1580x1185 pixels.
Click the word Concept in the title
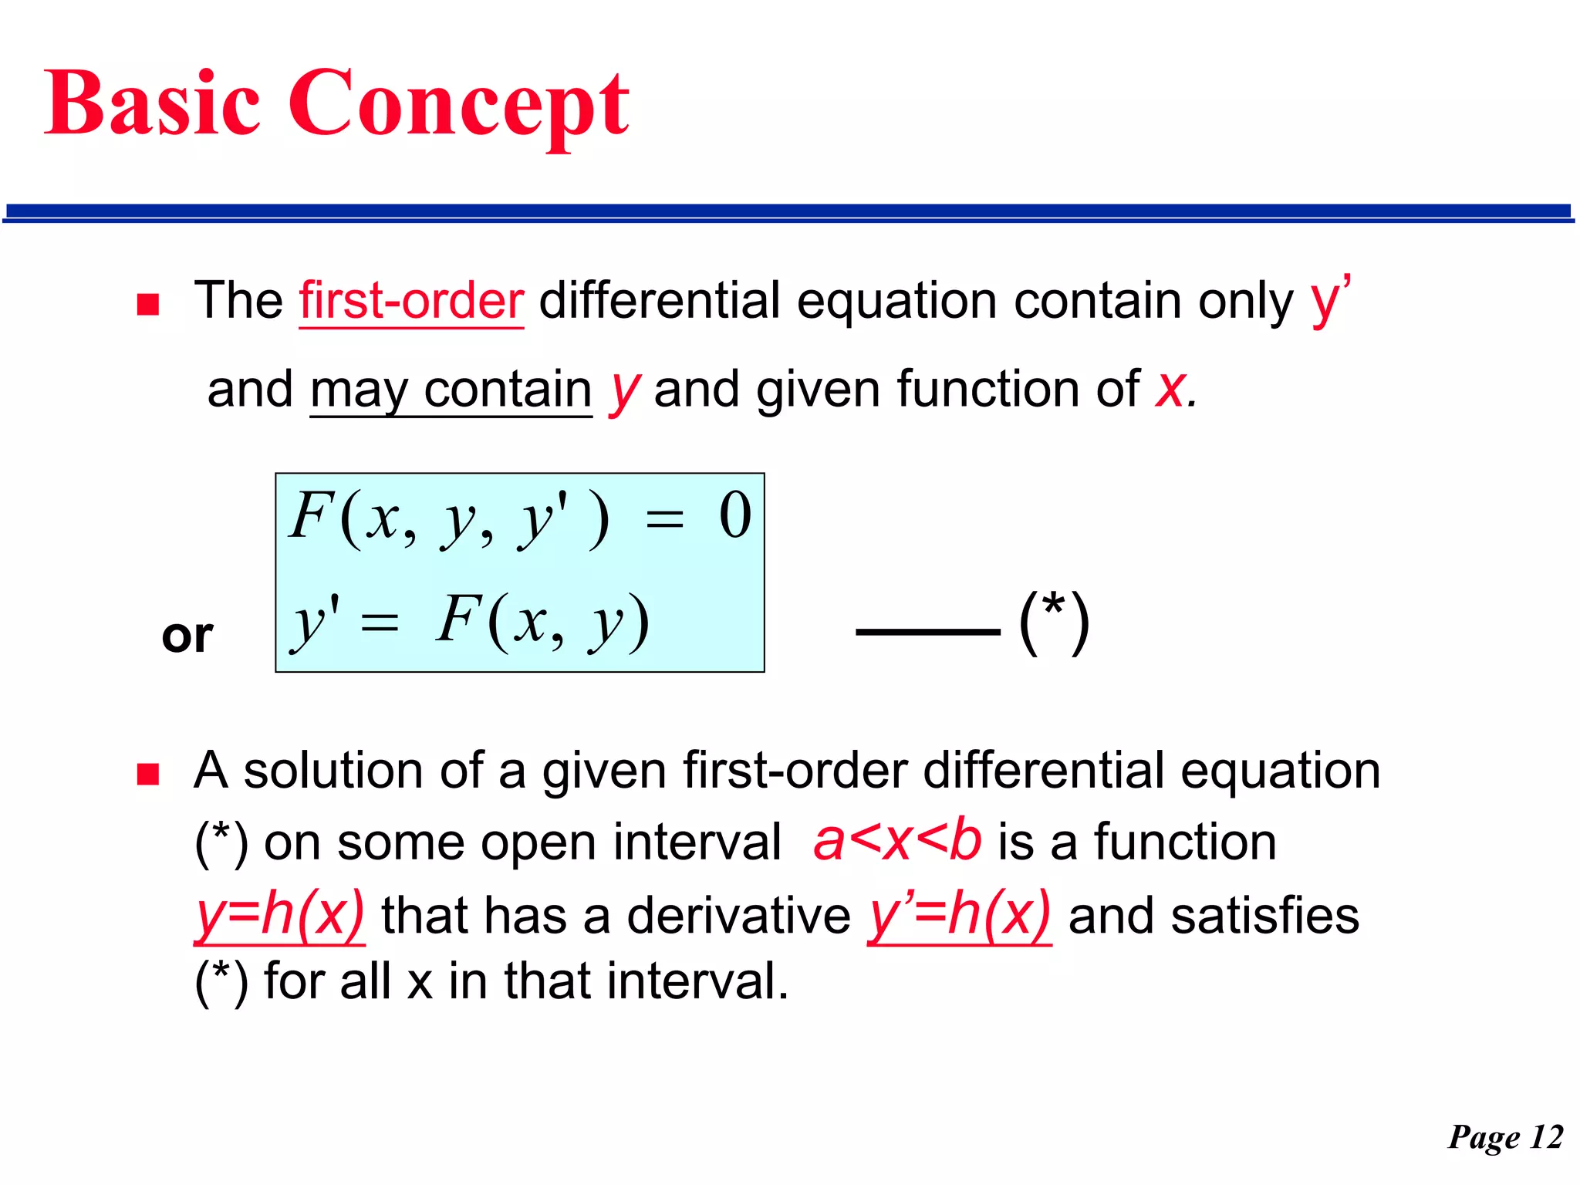coord(458,103)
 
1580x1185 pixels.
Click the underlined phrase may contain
coord(451,390)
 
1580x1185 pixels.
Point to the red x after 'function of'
coord(1170,389)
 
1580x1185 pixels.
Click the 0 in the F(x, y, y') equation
coord(734,516)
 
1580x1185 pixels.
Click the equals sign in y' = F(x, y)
coord(380,621)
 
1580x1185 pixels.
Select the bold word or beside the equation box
coord(187,636)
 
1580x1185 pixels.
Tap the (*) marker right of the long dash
coord(1054,623)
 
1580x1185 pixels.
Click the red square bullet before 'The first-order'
coord(147,305)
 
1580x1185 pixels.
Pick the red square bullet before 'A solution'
coord(147,774)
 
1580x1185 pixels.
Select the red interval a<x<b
coord(897,841)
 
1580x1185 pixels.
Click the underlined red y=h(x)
coord(279,916)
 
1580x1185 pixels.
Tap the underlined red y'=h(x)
coord(959,916)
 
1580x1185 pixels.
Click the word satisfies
coord(1264,916)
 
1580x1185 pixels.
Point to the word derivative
coord(738,916)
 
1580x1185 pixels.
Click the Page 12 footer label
coord(1505,1137)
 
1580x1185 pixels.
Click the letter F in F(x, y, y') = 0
coord(310,515)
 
